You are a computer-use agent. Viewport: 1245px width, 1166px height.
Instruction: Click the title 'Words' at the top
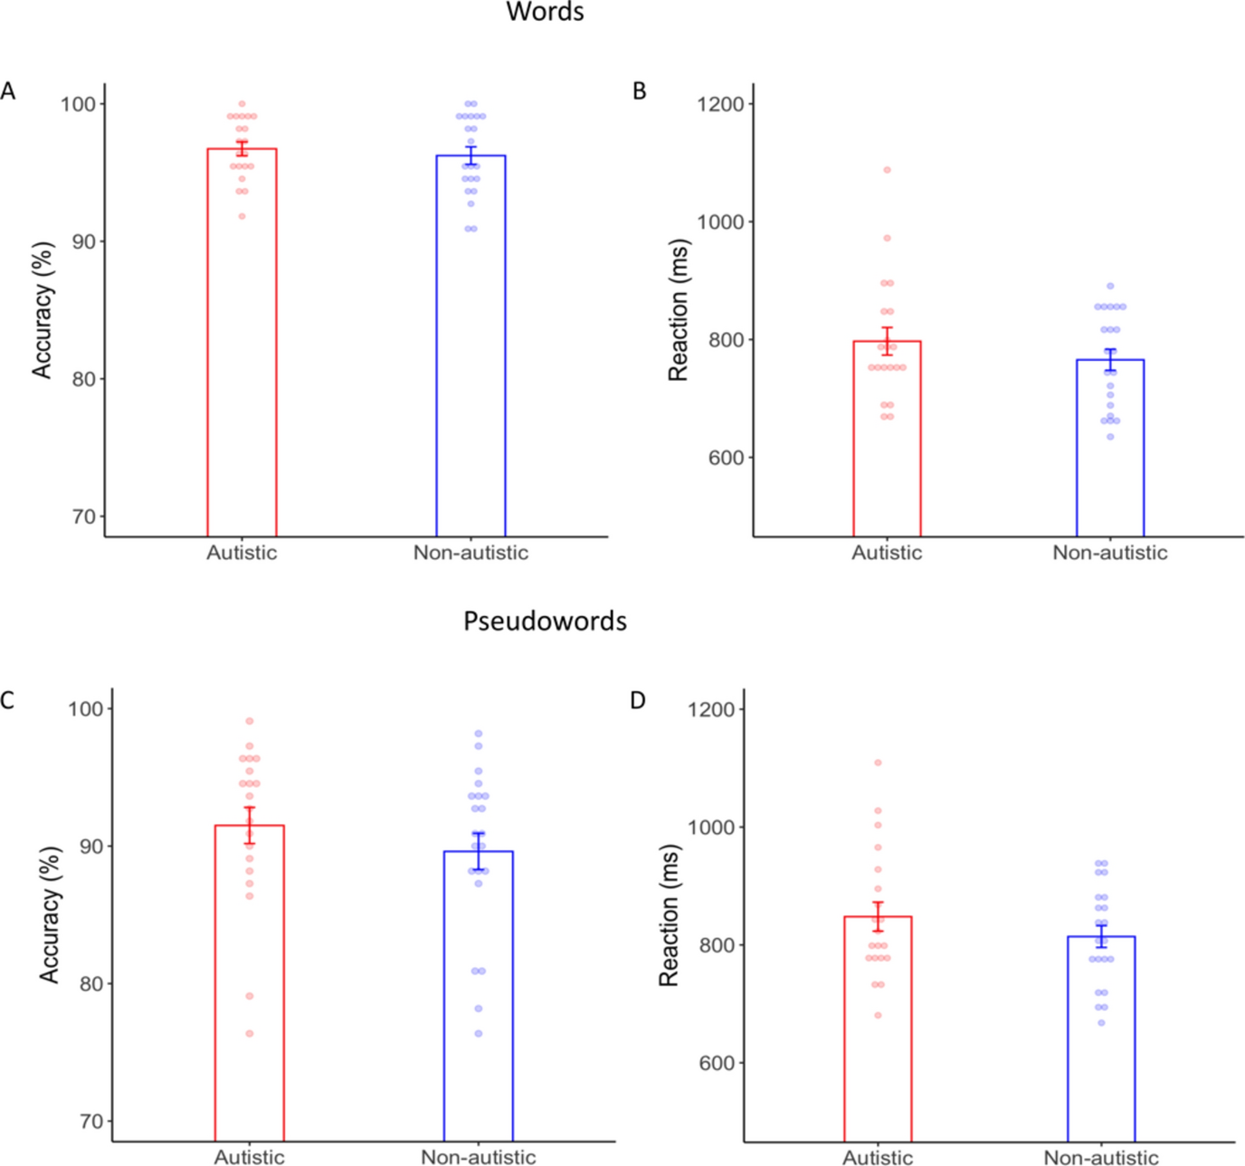pos(545,12)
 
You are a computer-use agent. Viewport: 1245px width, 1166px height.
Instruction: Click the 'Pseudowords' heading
pos(545,621)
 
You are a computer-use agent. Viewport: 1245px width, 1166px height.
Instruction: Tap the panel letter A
pos(8,91)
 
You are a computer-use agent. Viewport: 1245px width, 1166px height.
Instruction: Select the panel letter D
pos(638,700)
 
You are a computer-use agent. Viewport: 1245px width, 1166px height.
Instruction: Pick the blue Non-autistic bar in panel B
pos(1109,452)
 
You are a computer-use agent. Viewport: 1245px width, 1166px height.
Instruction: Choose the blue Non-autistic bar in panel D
pos(1100,1040)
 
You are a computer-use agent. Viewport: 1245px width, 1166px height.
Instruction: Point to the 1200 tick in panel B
pos(720,104)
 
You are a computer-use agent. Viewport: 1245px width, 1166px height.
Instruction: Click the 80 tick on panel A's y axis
pos(83,379)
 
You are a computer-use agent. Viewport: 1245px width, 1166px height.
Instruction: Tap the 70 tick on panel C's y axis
pos(91,1122)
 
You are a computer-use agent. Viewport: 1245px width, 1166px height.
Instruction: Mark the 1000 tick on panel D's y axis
pos(711,827)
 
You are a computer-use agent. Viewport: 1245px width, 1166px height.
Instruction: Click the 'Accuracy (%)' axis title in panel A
pos(43,309)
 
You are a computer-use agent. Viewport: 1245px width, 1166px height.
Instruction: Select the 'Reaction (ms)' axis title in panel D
pos(668,915)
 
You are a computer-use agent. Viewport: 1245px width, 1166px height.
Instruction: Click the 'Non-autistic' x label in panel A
pos(470,553)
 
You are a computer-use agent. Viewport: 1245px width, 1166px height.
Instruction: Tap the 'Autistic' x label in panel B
pos(886,553)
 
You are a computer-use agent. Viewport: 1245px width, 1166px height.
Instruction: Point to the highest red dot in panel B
pos(887,170)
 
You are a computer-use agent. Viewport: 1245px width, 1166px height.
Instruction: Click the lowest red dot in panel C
pos(250,1033)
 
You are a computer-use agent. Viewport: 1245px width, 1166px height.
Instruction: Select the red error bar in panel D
pos(878,916)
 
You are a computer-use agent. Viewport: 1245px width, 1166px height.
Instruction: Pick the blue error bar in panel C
pos(478,851)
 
